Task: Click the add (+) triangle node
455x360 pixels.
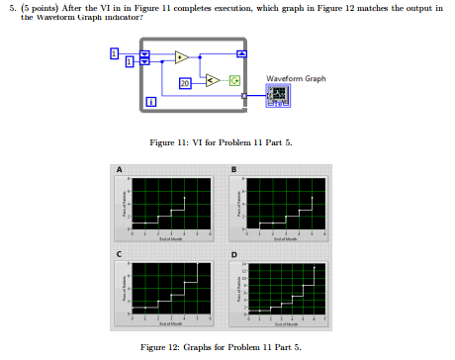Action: coord(181,57)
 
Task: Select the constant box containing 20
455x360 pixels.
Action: coord(184,83)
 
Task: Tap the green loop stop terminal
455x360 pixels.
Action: coord(234,79)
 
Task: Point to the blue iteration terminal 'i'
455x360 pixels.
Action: coord(150,102)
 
